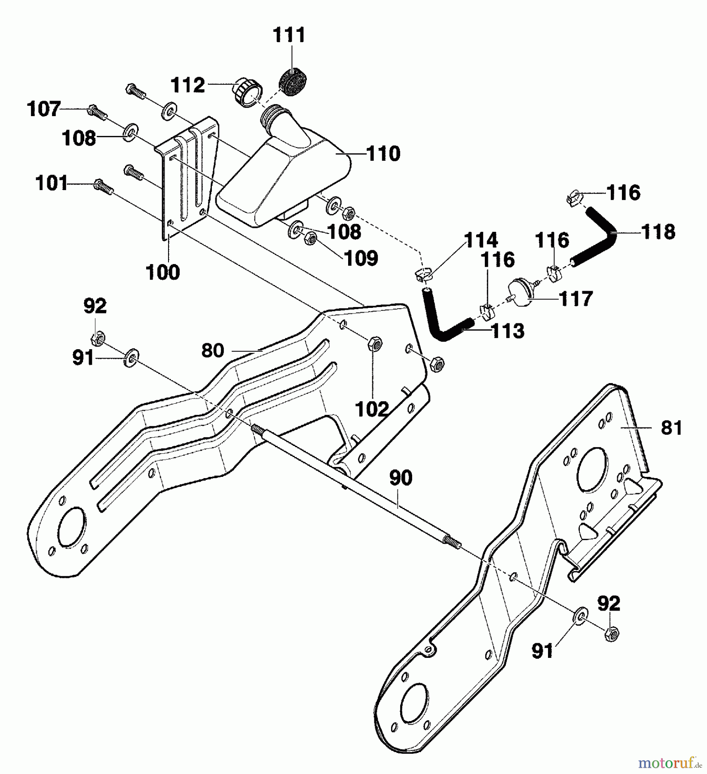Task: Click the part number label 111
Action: click(x=289, y=35)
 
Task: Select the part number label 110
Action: click(x=383, y=154)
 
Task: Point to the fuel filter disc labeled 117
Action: click(x=522, y=293)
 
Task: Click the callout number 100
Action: click(x=163, y=272)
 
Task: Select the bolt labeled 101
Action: click(x=104, y=186)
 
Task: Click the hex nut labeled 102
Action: click(x=374, y=344)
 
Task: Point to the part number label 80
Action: click(x=213, y=350)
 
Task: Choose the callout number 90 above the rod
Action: click(x=401, y=478)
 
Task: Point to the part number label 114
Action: click(x=481, y=240)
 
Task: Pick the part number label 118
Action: click(x=658, y=232)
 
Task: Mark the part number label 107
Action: click(x=44, y=109)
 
